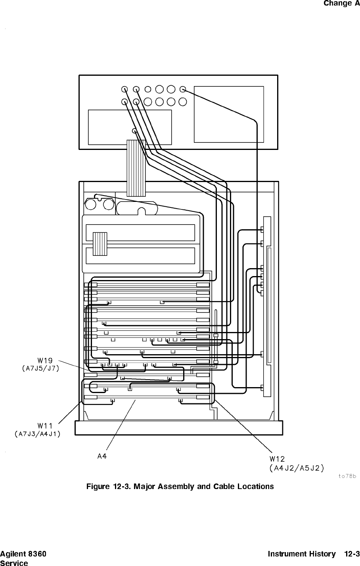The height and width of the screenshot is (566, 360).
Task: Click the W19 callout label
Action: click(x=45, y=361)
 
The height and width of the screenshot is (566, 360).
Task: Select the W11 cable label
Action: click(x=45, y=426)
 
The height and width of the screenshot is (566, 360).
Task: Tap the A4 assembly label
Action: click(x=102, y=456)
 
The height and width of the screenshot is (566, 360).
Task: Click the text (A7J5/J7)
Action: click(x=40, y=368)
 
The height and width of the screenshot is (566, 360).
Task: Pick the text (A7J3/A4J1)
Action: click(x=37, y=434)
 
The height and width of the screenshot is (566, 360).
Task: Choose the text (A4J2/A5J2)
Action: click(x=296, y=468)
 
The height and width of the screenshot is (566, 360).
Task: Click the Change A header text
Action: click(x=341, y=4)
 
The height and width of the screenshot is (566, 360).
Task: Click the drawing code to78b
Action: click(x=348, y=476)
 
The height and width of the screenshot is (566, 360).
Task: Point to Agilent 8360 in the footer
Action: click(x=23, y=554)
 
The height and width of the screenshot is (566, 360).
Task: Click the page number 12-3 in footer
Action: click(x=352, y=554)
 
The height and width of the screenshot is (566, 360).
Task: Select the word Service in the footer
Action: click(x=14, y=562)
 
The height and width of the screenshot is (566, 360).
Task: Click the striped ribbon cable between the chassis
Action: click(x=136, y=168)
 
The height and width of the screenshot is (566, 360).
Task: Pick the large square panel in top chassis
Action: click(x=228, y=114)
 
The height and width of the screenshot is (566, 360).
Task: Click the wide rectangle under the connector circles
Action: click(x=130, y=127)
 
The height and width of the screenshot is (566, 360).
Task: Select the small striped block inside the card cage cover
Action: click(x=100, y=244)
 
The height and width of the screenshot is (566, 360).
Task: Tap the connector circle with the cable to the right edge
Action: click(x=183, y=89)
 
